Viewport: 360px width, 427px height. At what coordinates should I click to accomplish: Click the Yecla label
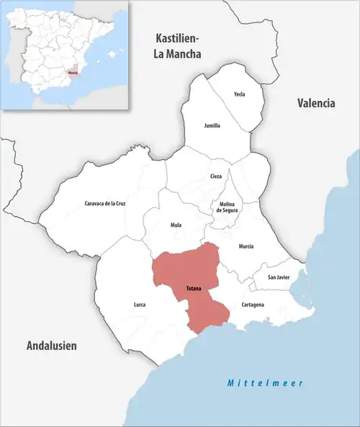pos(240,94)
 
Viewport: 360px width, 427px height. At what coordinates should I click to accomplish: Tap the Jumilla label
pos(212,125)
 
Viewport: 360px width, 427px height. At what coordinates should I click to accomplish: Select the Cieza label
pos(216,176)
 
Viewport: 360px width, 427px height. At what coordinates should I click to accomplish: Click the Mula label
pos(176,225)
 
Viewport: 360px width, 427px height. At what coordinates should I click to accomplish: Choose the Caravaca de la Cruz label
pos(105,204)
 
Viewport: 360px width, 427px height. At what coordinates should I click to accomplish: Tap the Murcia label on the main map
pos(246,246)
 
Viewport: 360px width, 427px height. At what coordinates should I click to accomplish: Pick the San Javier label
pos(279,277)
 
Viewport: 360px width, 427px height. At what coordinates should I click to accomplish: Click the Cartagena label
pos(253,305)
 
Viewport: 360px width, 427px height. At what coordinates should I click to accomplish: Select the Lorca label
pos(140,305)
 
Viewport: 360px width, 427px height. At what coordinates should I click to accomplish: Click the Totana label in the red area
pos(194,288)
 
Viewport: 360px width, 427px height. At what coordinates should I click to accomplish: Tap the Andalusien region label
pos(51,346)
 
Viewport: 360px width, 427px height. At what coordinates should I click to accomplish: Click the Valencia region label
pos(316,103)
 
